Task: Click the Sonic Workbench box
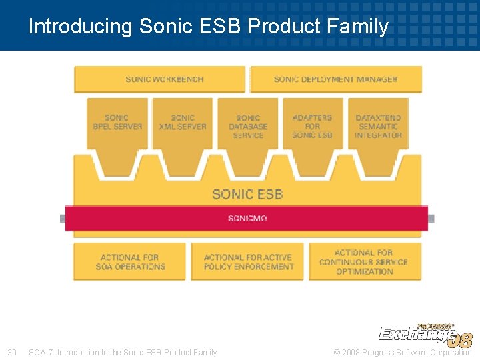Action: [x=159, y=79]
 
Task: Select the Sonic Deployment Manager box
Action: [x=335, y=79]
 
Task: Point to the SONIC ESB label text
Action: [x=247, y=194]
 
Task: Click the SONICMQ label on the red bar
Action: [x=247, y=218]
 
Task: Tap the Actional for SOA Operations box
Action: [x=130, y=262]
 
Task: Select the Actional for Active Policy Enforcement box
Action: [x=248, y=262]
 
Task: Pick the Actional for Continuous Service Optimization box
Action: [x=365, y=262]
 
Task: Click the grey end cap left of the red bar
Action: [x=62, y=218]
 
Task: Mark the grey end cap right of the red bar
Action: [x=431, y=218]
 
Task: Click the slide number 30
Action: [x=11, y=352]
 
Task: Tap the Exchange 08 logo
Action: [x=425, y=335]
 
